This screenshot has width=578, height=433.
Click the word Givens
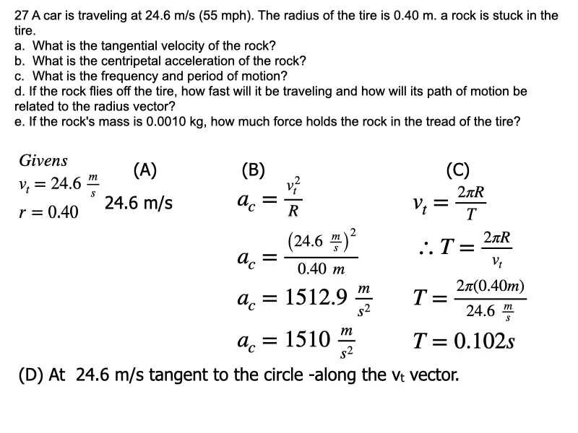click(x=43, y=160)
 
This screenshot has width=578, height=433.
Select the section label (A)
click(x=145, y=170)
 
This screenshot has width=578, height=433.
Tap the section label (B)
click(x=253, y=170)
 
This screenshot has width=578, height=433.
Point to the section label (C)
click(x=458, y=170)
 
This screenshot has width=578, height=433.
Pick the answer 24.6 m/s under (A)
click(x=139, y=204)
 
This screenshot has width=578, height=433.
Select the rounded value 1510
click(x=308, y=338)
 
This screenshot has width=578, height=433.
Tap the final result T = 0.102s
click(x=463, y=340)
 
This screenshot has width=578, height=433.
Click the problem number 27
click(x=21, y=15)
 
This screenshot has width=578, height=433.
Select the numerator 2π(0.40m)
click(x=490, y=286)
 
